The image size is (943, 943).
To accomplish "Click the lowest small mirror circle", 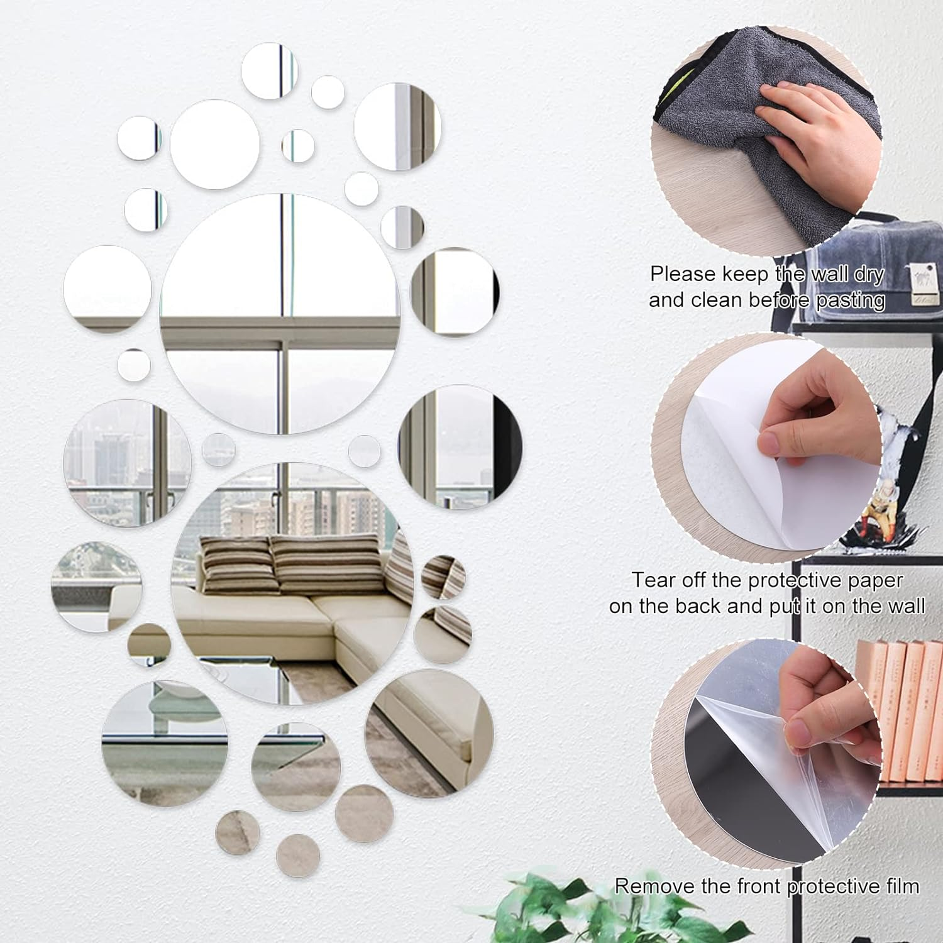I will pos(298,855).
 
